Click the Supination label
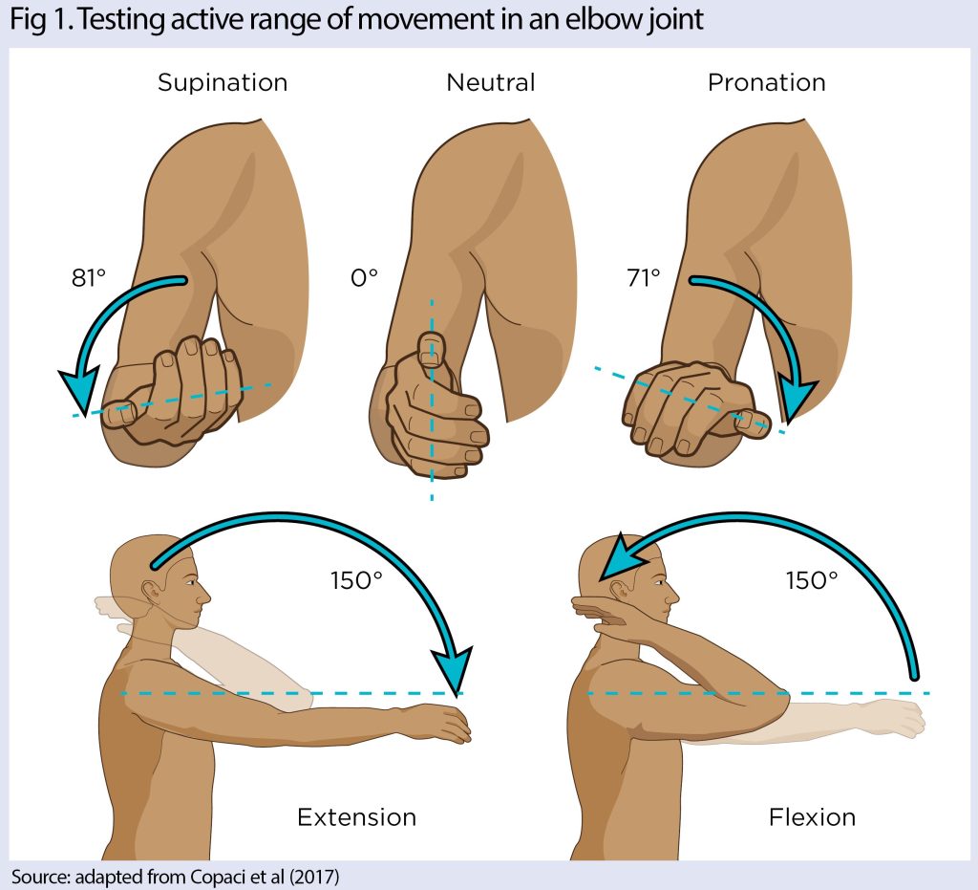(222, 83)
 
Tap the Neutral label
(491, 82)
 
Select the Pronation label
(767, 82)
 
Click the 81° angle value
(89, 278)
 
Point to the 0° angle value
(365, 278)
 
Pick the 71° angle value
(644, 278)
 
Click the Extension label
(357, 817)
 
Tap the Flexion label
(812, 817)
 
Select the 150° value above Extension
(357, 580)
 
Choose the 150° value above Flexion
(812, 580)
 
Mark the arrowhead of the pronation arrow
(798, 397)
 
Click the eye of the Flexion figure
(657, 583)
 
